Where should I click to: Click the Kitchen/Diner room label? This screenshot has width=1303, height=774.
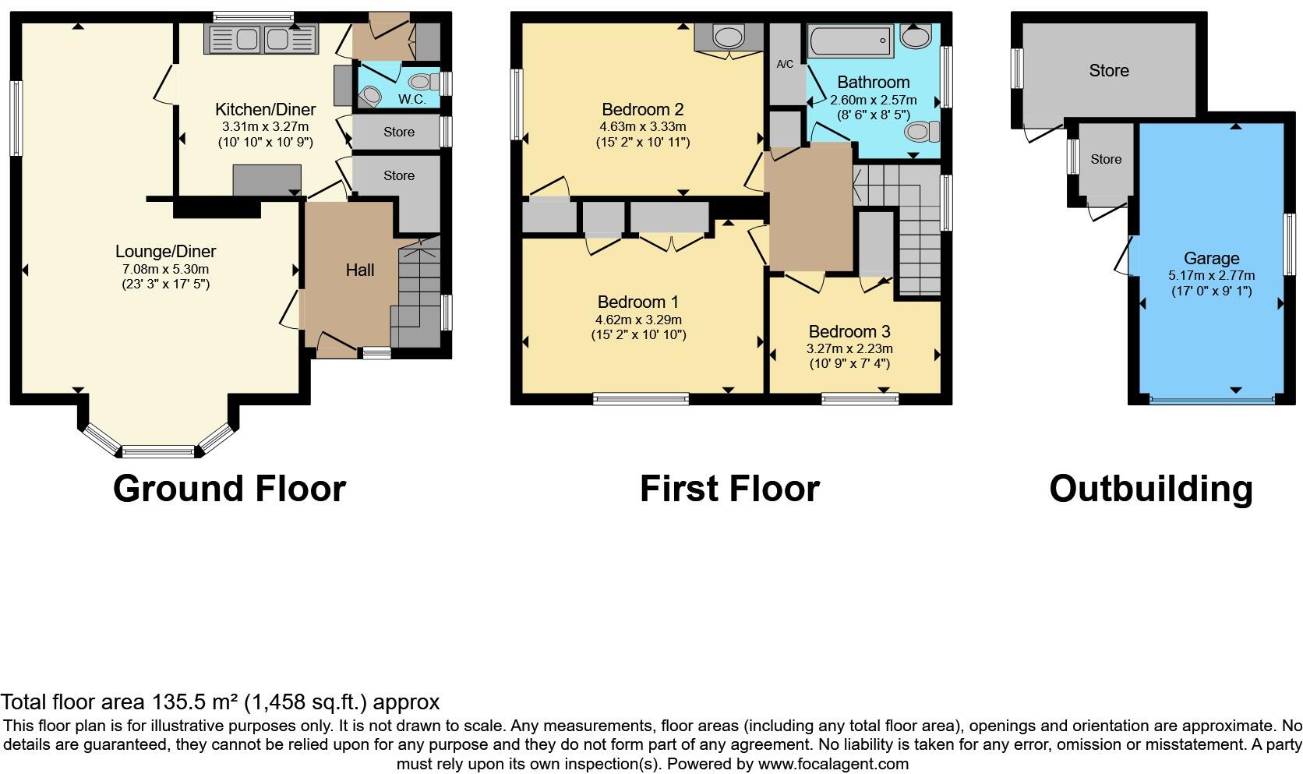click(x=265, y=109)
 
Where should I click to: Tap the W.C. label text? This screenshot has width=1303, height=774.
click(x=411, y=99)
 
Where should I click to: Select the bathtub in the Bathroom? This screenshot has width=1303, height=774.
click(x=850, y=39)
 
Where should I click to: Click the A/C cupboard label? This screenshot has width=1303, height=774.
click(x=785, y=64)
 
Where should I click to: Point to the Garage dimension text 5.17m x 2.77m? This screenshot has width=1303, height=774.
click(x=1211, y=275)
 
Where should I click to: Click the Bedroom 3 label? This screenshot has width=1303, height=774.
click(x=849, y=331)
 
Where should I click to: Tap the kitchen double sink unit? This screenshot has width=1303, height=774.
click(x=262, y=39)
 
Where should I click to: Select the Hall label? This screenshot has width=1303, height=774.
click(x=360, y=270)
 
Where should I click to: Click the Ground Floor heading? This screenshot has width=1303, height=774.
click(x=229, y=489)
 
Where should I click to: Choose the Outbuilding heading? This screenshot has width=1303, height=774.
click(x=1151, y=489)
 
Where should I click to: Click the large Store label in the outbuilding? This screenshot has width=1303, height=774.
click(x=1108, y=71)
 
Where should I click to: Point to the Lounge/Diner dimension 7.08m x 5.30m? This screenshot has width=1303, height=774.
click(x=165, y=269)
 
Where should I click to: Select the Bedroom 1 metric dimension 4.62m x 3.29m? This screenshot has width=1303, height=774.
click(x=638, y=320)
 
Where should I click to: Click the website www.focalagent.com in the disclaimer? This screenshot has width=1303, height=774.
click(x=833, y=764)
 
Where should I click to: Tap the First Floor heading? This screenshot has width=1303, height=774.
click(x=729, y=489)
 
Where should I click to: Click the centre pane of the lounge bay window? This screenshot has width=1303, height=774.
click(x=158, y=451)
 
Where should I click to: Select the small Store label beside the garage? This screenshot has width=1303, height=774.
click(x=1106, y=159)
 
